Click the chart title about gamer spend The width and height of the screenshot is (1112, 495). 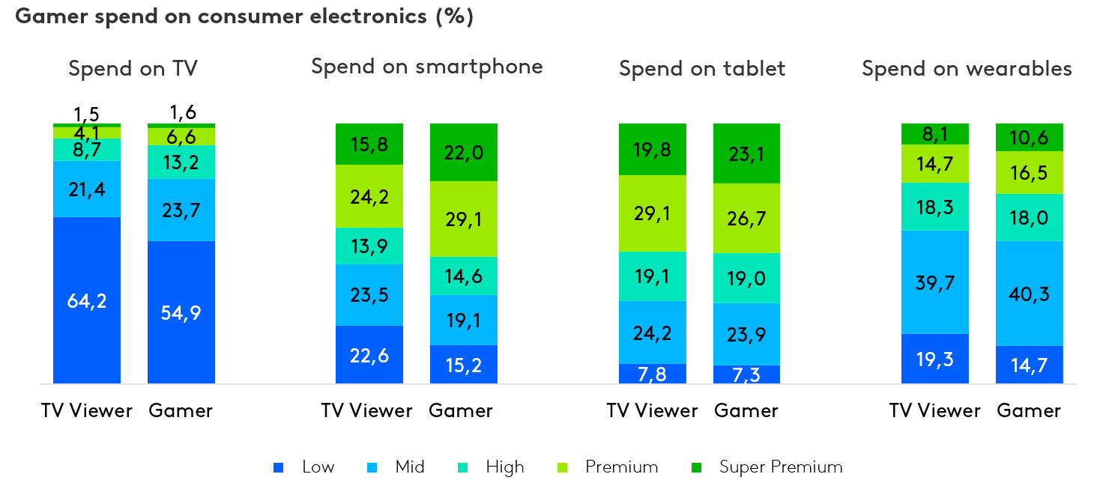(x=244, y=17)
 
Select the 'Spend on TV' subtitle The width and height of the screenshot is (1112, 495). (x=133, y=69)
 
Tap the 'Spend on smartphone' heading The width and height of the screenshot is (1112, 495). (x=426, y=67)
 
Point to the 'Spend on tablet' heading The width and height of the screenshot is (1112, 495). (x=702, y=69)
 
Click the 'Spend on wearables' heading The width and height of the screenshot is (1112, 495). (x=967, y=69)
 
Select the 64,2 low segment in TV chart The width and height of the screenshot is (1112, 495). (x=87, y=300)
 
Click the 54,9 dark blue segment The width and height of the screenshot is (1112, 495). (x=181, y=312)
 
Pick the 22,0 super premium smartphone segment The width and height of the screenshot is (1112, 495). (x=464, y=153)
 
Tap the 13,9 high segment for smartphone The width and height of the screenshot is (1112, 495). (x=369, y=246)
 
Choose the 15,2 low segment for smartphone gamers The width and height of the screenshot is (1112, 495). (x=464, y=364)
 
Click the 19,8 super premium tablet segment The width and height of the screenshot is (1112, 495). (x=653, y=149)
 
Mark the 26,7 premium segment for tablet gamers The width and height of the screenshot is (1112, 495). (x=747, y=218)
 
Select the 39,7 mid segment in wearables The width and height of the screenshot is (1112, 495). (x=934, y=282)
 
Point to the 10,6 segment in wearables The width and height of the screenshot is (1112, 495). (x=1029, y=137)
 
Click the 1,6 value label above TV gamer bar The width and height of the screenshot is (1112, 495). (x=182, y=112)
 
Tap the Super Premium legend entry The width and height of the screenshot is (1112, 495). (x=780, y=467)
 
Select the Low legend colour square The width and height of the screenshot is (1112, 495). (x=279, y=468)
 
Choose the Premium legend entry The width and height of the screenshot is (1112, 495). (x=621, y=467)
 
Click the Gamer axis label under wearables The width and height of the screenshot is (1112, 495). (x=1029, y=410)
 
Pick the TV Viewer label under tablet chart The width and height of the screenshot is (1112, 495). (x=652, y=410)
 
